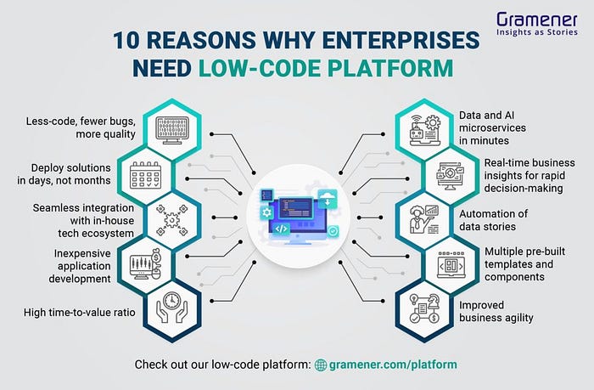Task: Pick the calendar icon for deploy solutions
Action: pyautogui.click(x=147, y=176)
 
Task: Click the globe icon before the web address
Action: pyautogui.click(x=321, y=365)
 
